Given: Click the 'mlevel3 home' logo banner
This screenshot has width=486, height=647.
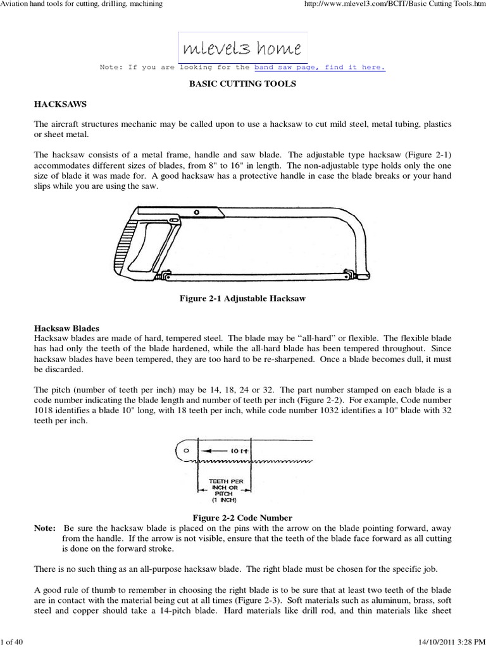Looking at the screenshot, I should point(243,46).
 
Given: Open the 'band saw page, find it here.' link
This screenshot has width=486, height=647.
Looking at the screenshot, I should point(320,67).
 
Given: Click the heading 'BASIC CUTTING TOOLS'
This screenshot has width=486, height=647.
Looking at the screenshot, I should point(243,84).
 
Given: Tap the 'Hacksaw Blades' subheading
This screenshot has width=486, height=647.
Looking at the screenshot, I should point(66,329).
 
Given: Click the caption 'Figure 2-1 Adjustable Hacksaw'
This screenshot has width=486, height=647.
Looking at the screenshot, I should point(243,298).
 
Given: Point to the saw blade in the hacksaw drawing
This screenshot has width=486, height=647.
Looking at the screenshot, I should point(253,276).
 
